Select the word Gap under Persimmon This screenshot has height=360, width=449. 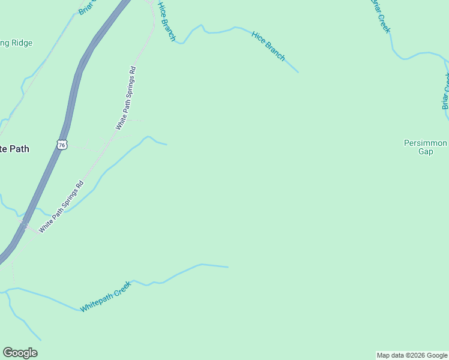[426, 152]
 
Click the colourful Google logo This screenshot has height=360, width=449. [20, 353]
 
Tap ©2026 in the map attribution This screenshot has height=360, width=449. [414, 356]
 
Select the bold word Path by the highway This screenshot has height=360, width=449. [18, 149]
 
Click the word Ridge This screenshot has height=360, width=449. [21, 43]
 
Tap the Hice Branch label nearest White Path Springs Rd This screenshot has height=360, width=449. [166, 21]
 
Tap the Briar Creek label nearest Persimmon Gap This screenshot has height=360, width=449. [445, 91]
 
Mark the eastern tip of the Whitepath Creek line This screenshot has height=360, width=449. [229, 267]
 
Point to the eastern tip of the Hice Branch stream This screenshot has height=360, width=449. [298, 73]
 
